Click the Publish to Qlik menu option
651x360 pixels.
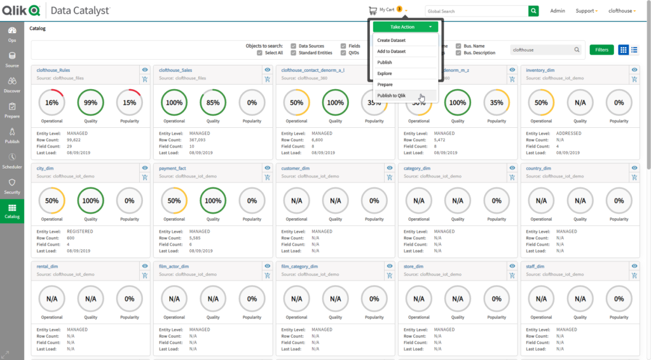click(392, 95)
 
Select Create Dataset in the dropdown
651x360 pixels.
click(392, 41)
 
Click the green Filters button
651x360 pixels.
click(601, 50)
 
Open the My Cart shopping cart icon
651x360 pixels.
click(373, 10)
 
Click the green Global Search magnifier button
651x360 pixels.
click(533, 11)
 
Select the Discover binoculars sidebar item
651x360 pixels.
click(12, 85)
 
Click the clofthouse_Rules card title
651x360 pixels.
click(53, 70)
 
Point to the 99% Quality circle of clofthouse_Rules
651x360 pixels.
click(91, 102)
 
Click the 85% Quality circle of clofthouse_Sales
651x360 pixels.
click(213, 102)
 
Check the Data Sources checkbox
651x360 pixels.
click(293, 46)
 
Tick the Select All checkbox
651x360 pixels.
click(259, 53)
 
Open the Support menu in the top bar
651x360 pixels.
click(586, 11)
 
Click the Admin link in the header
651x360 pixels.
click(558, 11)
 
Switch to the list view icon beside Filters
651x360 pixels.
click(634, 50)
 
